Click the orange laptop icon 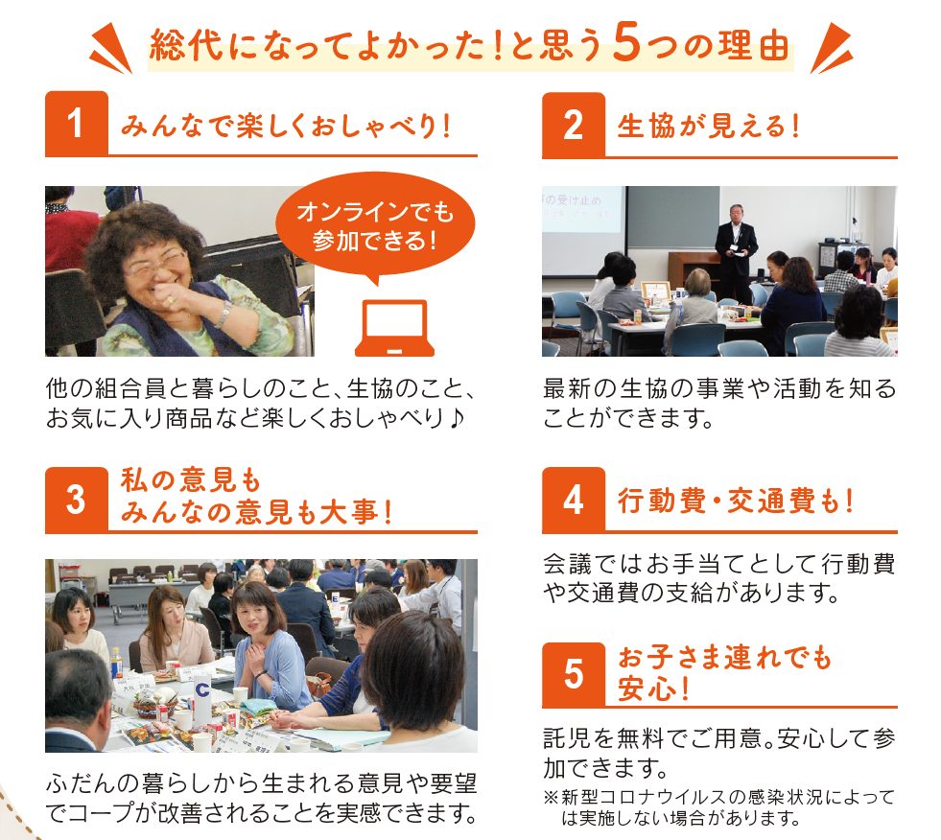pyautogui.click(x=394, y=328)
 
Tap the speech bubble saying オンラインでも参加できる pyautogui.click(x=375, y=227)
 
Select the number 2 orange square pyautogui.click(x=573, y=125)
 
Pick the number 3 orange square pyautogui.click(x=76, y=500)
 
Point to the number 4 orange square pyautogui.click(x=573, y=500)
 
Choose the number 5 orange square pyautogui.click(x=573, y=674)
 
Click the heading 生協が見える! pyautogui.click(x=708, y=126)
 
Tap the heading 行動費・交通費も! pyautogui.click(x=736, y=501)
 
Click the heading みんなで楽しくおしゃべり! pyautogui.click(x=286, y=126)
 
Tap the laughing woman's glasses pyautogui.click(x=157, y=264)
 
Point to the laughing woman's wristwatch pyautogui.click(x=223, y=314)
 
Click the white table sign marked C pyautogui.click(x=202, y=698)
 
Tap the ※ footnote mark pyautogui.click(x=551, y=798)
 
